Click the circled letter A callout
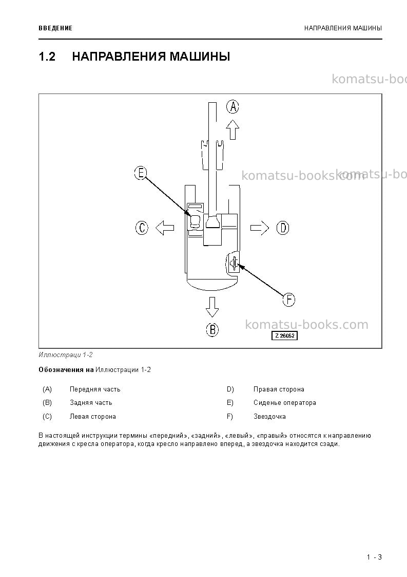232,107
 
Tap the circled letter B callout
212,329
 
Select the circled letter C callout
142,228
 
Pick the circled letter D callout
283,228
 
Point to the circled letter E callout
141,173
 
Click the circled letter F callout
289,300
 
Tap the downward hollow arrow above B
212,307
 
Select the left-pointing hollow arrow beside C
165,228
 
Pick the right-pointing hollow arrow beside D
260,228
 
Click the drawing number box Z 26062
284,336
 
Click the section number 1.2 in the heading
47,57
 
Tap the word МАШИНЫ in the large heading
200,57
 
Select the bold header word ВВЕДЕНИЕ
55,28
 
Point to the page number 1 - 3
374,557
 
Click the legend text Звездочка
269,417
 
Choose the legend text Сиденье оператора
284,403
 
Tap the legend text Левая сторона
93,417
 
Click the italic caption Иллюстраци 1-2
66,355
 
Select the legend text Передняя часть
95,389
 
